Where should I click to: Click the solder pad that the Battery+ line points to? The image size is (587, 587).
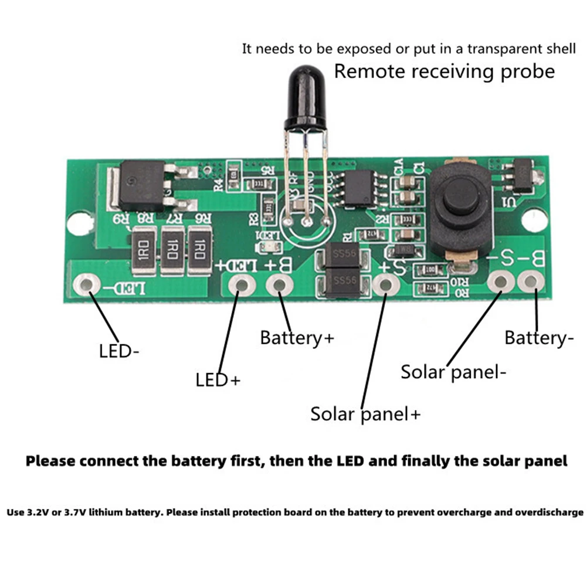tap(279, 286)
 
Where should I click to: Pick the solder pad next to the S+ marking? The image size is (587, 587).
tap(384, 285)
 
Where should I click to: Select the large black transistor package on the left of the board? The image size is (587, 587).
tap(142, 186)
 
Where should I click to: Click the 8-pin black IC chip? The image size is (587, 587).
tap(359, 187)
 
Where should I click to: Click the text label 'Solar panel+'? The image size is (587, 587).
tap(365, 414)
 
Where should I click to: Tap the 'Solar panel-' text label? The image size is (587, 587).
tap(453, 372)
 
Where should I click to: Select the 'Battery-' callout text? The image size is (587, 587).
tap(539, 338)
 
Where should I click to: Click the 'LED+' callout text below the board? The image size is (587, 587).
tap(218, 380)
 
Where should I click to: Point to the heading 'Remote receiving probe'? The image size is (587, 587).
tap(444, 72)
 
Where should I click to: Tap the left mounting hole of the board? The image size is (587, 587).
tap(76, 224)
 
